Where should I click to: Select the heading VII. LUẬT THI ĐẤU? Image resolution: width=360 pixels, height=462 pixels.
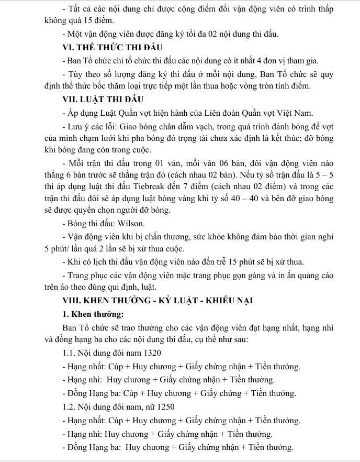click(103, 99)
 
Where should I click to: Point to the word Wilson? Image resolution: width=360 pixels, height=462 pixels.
click(117, 223)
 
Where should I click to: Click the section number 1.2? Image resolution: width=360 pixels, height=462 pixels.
click(69, 407)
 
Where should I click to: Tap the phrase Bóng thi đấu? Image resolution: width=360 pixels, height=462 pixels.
click(84, 223)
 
